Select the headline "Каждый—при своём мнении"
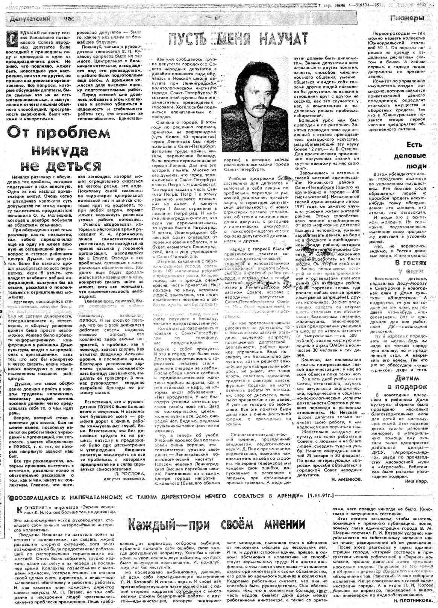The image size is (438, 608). coord(216,524)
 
